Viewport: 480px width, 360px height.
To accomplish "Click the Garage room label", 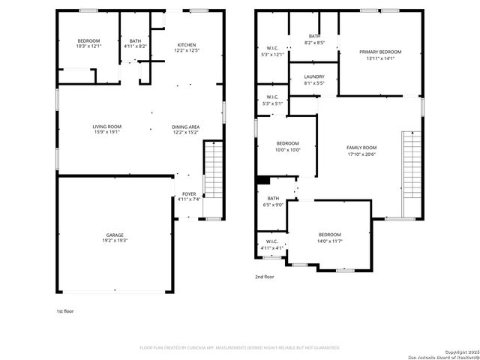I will (x=115, y=235).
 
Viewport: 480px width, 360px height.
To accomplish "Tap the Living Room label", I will (x=106, y=127).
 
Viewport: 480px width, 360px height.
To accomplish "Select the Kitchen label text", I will (x=187, y=44).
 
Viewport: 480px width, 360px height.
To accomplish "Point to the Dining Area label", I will (x=185, y=127).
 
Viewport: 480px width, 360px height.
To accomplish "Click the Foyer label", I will (x=188, y=193).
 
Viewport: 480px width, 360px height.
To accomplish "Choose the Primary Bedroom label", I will (x=380, y=52).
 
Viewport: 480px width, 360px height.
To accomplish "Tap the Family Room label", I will (x=361, y=148).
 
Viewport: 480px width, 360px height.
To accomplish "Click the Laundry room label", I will (x=314, y=76).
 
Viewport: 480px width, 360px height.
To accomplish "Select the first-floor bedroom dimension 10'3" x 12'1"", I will (x=88, y=46).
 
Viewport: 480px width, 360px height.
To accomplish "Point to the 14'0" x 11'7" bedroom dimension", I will (x=329, y=241).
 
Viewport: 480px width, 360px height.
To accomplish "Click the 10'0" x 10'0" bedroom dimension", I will (x=288, y=149).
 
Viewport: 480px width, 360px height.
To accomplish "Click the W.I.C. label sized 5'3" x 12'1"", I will (x=272, y=54).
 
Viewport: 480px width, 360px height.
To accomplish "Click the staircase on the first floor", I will (x=214, y=171).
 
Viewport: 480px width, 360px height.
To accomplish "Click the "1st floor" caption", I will (x=65, y=310).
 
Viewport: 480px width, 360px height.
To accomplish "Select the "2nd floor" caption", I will (x=265, y=277).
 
